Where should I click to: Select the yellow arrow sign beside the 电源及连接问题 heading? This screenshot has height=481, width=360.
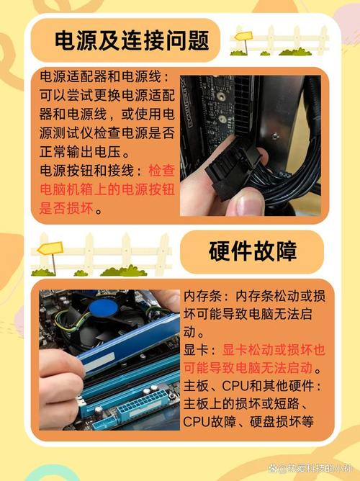point(243,36)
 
